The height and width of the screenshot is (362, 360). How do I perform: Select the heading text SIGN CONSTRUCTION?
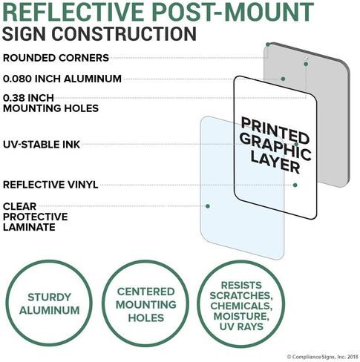[99, 33]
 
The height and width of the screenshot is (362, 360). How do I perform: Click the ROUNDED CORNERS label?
[56, 58]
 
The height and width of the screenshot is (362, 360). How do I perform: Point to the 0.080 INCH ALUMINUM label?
[62, 79]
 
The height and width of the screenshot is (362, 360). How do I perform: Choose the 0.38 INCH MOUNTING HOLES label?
[50, 103]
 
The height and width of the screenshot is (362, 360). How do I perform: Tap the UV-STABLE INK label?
[42, 145]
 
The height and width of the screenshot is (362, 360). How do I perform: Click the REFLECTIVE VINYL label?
[50, 185]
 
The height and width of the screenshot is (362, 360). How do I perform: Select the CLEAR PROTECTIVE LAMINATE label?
[36, 217]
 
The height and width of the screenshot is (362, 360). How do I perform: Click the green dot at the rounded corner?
[268, 45]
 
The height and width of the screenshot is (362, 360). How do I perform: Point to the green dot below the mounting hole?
[306, 64]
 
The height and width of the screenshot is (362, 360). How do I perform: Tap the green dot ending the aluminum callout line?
[283, 79]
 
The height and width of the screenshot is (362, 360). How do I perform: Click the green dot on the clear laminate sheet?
[208, 206]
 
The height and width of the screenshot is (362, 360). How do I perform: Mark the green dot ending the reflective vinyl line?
[295, 185]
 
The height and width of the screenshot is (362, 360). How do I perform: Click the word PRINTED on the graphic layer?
[275, 131]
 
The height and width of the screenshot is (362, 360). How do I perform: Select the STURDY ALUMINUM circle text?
[50, 303]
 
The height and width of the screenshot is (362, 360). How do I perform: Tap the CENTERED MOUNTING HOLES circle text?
[146, 305]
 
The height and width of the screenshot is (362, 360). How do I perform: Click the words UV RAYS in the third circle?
[241, 326]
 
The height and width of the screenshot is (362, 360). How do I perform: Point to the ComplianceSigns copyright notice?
[322, 357]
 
